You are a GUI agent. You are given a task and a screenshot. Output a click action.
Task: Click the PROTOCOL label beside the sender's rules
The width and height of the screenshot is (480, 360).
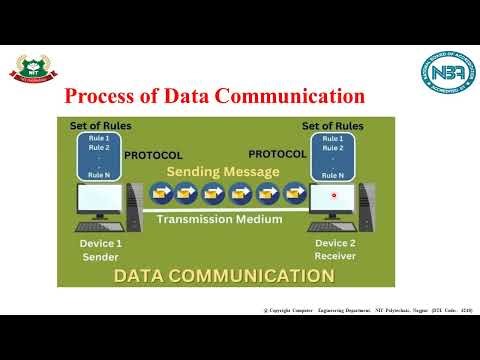point(153,156)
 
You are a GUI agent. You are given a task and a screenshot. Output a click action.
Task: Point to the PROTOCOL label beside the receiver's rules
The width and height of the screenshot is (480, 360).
point(277,155)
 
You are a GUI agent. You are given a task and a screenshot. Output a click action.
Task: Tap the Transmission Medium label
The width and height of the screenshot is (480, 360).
point(220,219)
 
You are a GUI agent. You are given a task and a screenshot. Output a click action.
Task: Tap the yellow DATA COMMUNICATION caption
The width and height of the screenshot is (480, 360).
point(222,276)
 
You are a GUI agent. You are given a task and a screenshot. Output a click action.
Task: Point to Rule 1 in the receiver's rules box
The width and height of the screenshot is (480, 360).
point(334,139)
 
